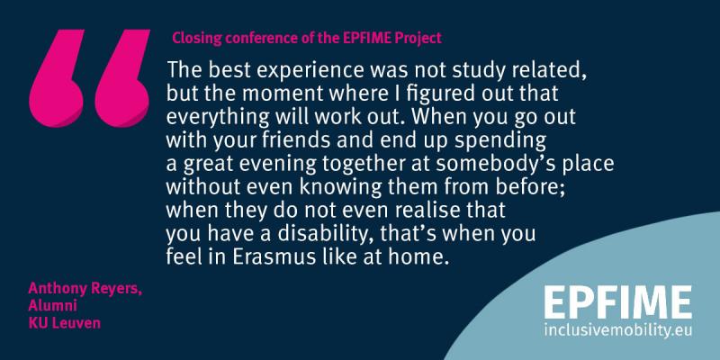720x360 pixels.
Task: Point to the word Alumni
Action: pos(52,306)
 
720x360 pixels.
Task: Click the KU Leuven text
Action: pos(64,323)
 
